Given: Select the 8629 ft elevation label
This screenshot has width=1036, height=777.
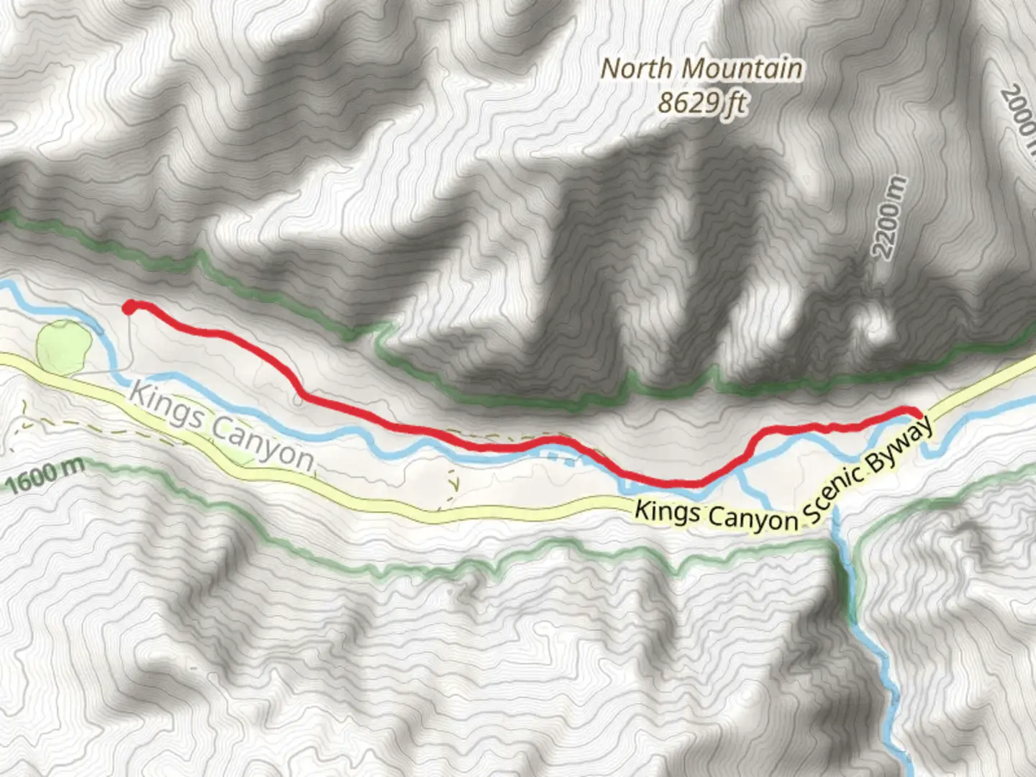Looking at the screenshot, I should (x=701, y=104).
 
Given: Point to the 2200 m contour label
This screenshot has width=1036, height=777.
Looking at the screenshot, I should (x=890, y=219).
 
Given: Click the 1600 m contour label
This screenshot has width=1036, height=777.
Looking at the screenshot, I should (x=45, y=475).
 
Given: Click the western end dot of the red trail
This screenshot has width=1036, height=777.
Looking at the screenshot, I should (x=129, y=308).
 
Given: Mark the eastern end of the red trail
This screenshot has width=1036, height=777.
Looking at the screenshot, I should (x=917, y=412).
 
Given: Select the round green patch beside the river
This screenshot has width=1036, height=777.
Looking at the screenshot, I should (x=64, y=347).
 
